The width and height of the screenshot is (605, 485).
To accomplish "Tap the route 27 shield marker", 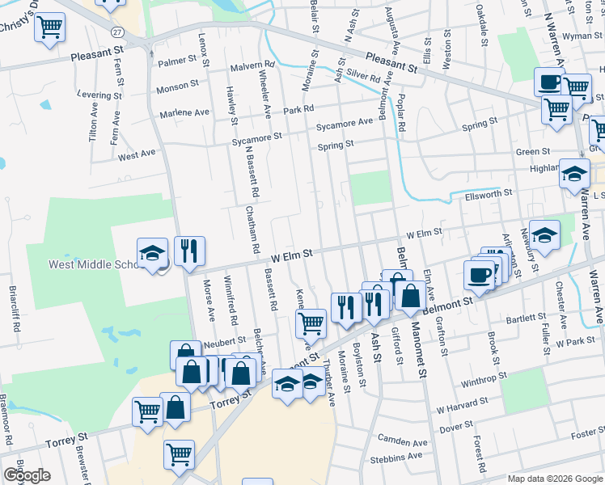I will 118,32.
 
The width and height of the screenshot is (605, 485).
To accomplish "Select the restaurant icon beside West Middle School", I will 189,251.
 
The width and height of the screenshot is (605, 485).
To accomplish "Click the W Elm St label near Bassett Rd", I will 291,253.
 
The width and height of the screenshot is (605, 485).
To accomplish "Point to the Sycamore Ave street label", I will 345,123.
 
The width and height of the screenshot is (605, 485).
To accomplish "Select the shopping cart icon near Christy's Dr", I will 50,27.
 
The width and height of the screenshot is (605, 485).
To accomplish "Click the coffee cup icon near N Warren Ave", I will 550,82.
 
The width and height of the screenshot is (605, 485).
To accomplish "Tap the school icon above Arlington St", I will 545,235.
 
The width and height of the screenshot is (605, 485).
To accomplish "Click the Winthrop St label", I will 484,375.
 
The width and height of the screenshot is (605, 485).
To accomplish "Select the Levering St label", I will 99,95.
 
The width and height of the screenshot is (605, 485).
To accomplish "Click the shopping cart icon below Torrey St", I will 178,453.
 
